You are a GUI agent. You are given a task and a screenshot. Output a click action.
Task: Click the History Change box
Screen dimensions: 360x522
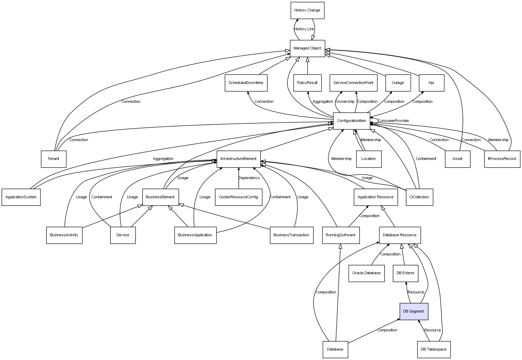tap(307, 10)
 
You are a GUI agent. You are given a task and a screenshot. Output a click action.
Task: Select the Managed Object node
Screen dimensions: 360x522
tap(307, 48)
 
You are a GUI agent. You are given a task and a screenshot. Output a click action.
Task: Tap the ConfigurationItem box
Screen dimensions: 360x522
tap(351, 121)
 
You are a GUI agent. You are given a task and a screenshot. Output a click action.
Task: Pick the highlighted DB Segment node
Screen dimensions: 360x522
tap(414, 312)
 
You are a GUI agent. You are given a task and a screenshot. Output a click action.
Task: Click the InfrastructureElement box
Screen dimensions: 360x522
tap(239, 159)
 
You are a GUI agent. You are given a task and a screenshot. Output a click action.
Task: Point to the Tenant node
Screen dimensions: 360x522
tap(53, 159)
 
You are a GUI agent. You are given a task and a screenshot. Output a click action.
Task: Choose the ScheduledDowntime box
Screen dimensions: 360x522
tap(246, 83)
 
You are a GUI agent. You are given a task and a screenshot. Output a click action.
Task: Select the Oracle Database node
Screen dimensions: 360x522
tap(366, 273)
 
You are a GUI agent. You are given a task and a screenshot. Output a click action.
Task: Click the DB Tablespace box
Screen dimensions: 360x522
tap(433, 350)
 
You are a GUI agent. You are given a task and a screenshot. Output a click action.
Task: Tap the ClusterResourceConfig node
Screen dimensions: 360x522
tap(238, 197)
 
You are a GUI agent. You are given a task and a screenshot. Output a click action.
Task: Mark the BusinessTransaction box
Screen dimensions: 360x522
tap(291, 235)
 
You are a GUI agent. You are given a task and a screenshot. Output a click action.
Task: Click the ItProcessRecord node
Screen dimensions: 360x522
tap(502, 159)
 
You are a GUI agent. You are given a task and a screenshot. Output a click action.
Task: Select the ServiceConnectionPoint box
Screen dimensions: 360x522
tap(353, 83)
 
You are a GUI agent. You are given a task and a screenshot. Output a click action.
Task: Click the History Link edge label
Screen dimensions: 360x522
tap(304, 29)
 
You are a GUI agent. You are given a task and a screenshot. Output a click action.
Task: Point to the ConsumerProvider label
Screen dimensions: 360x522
tap(394, 121)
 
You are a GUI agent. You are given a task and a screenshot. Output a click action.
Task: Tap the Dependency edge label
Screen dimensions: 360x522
tap(249, 178)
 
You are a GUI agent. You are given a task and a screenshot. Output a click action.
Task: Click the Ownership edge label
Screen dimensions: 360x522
tap(345, 102)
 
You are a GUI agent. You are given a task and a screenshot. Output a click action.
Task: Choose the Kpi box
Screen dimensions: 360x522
tap(431, 83)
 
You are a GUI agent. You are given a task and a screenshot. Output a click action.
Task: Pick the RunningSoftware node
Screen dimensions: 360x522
tap(341, 235)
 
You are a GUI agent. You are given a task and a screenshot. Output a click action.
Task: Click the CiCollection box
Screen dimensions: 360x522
tap(419, 197)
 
